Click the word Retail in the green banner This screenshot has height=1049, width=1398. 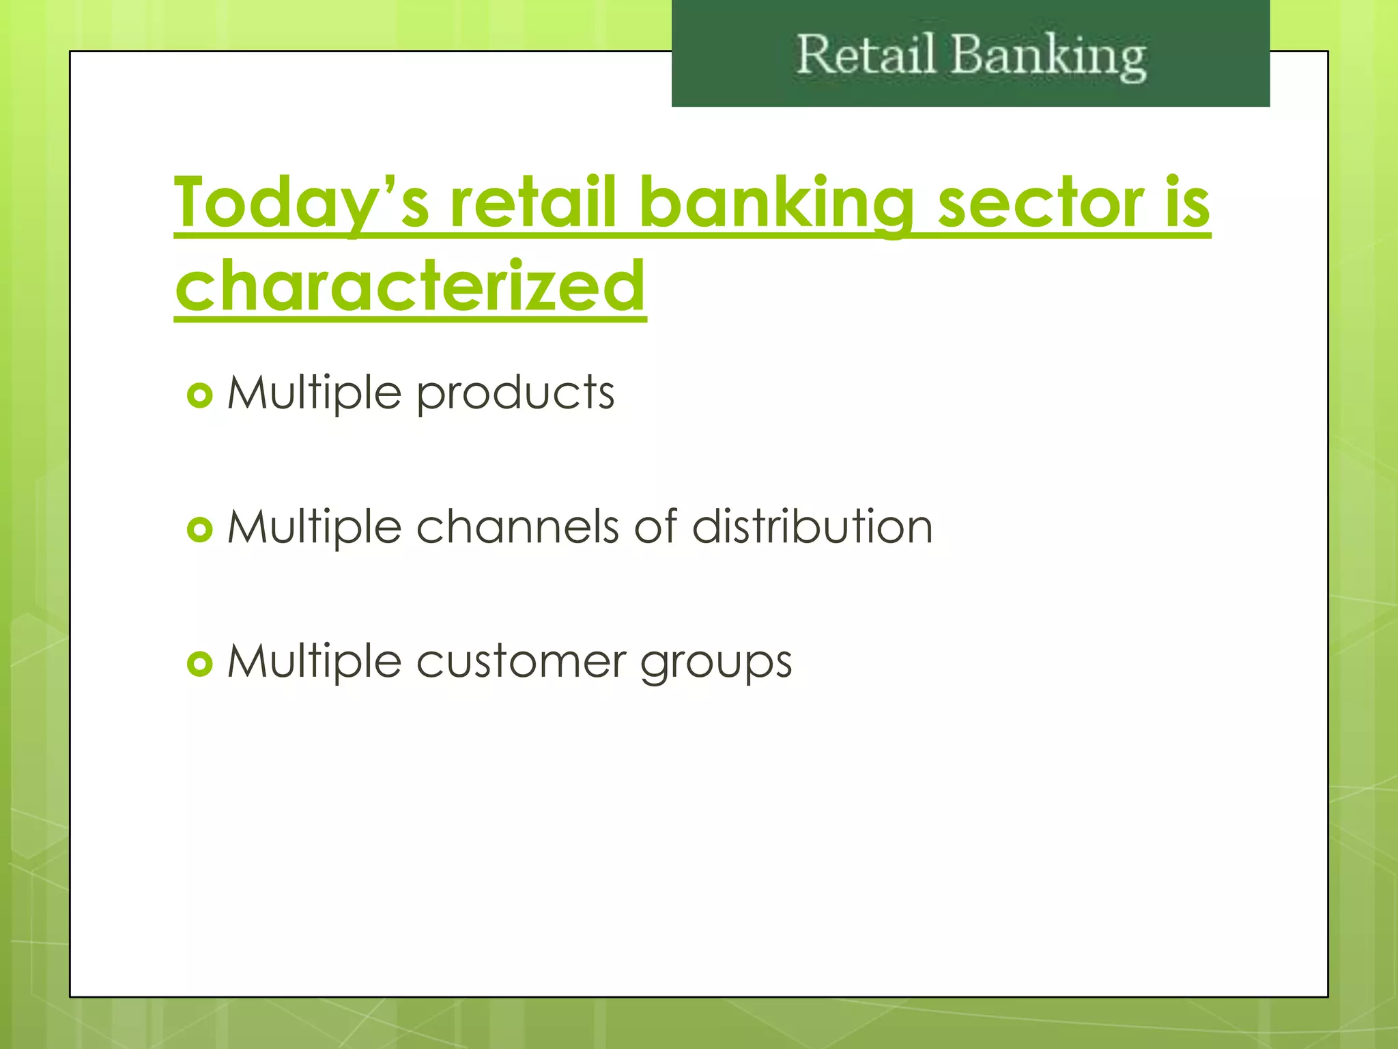tap(866, 55)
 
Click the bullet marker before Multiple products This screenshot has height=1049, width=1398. tap(200, 395)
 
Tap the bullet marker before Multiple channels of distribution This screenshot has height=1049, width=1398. tap(200, 529)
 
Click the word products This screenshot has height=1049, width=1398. tap(515, 394)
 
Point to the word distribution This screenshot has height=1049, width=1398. tap(812, 527)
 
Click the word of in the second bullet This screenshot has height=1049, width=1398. tap(655, 527)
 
